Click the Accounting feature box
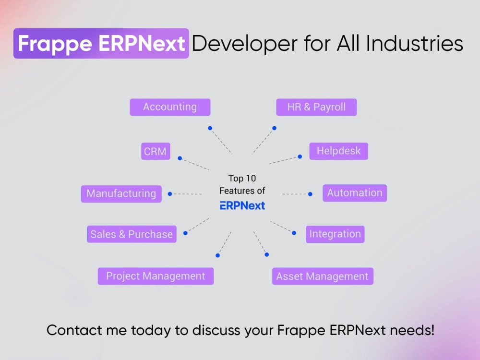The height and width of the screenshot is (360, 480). [x=170, y=107]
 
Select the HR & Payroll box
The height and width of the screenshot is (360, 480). [x=316, y=107]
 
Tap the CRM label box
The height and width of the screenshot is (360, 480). [x=156, y=151]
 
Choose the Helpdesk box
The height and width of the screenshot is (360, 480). [x=338, y=151]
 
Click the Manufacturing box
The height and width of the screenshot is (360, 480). [x=121, y=194]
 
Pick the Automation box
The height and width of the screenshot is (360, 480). [x=355, y=193]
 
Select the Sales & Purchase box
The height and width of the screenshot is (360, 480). [x=132, y=234]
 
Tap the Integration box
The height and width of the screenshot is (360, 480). [x=335, y=234]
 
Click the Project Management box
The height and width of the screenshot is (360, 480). [x=156, y=276]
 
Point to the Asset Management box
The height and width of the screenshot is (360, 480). [x=323, y=276]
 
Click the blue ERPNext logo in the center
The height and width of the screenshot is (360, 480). [x=242, y=206]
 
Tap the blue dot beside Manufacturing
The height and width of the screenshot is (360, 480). [x=170, y=194]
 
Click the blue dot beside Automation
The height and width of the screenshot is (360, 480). [x=310, y=194]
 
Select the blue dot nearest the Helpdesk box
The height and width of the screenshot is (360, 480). [x=300, y=157]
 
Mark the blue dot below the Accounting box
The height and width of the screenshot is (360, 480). [x=210, y=128]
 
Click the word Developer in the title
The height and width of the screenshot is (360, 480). [x=245, y=44]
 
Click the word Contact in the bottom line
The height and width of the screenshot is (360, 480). [x=74, y=330]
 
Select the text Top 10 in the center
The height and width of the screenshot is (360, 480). [x=242, y=179]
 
